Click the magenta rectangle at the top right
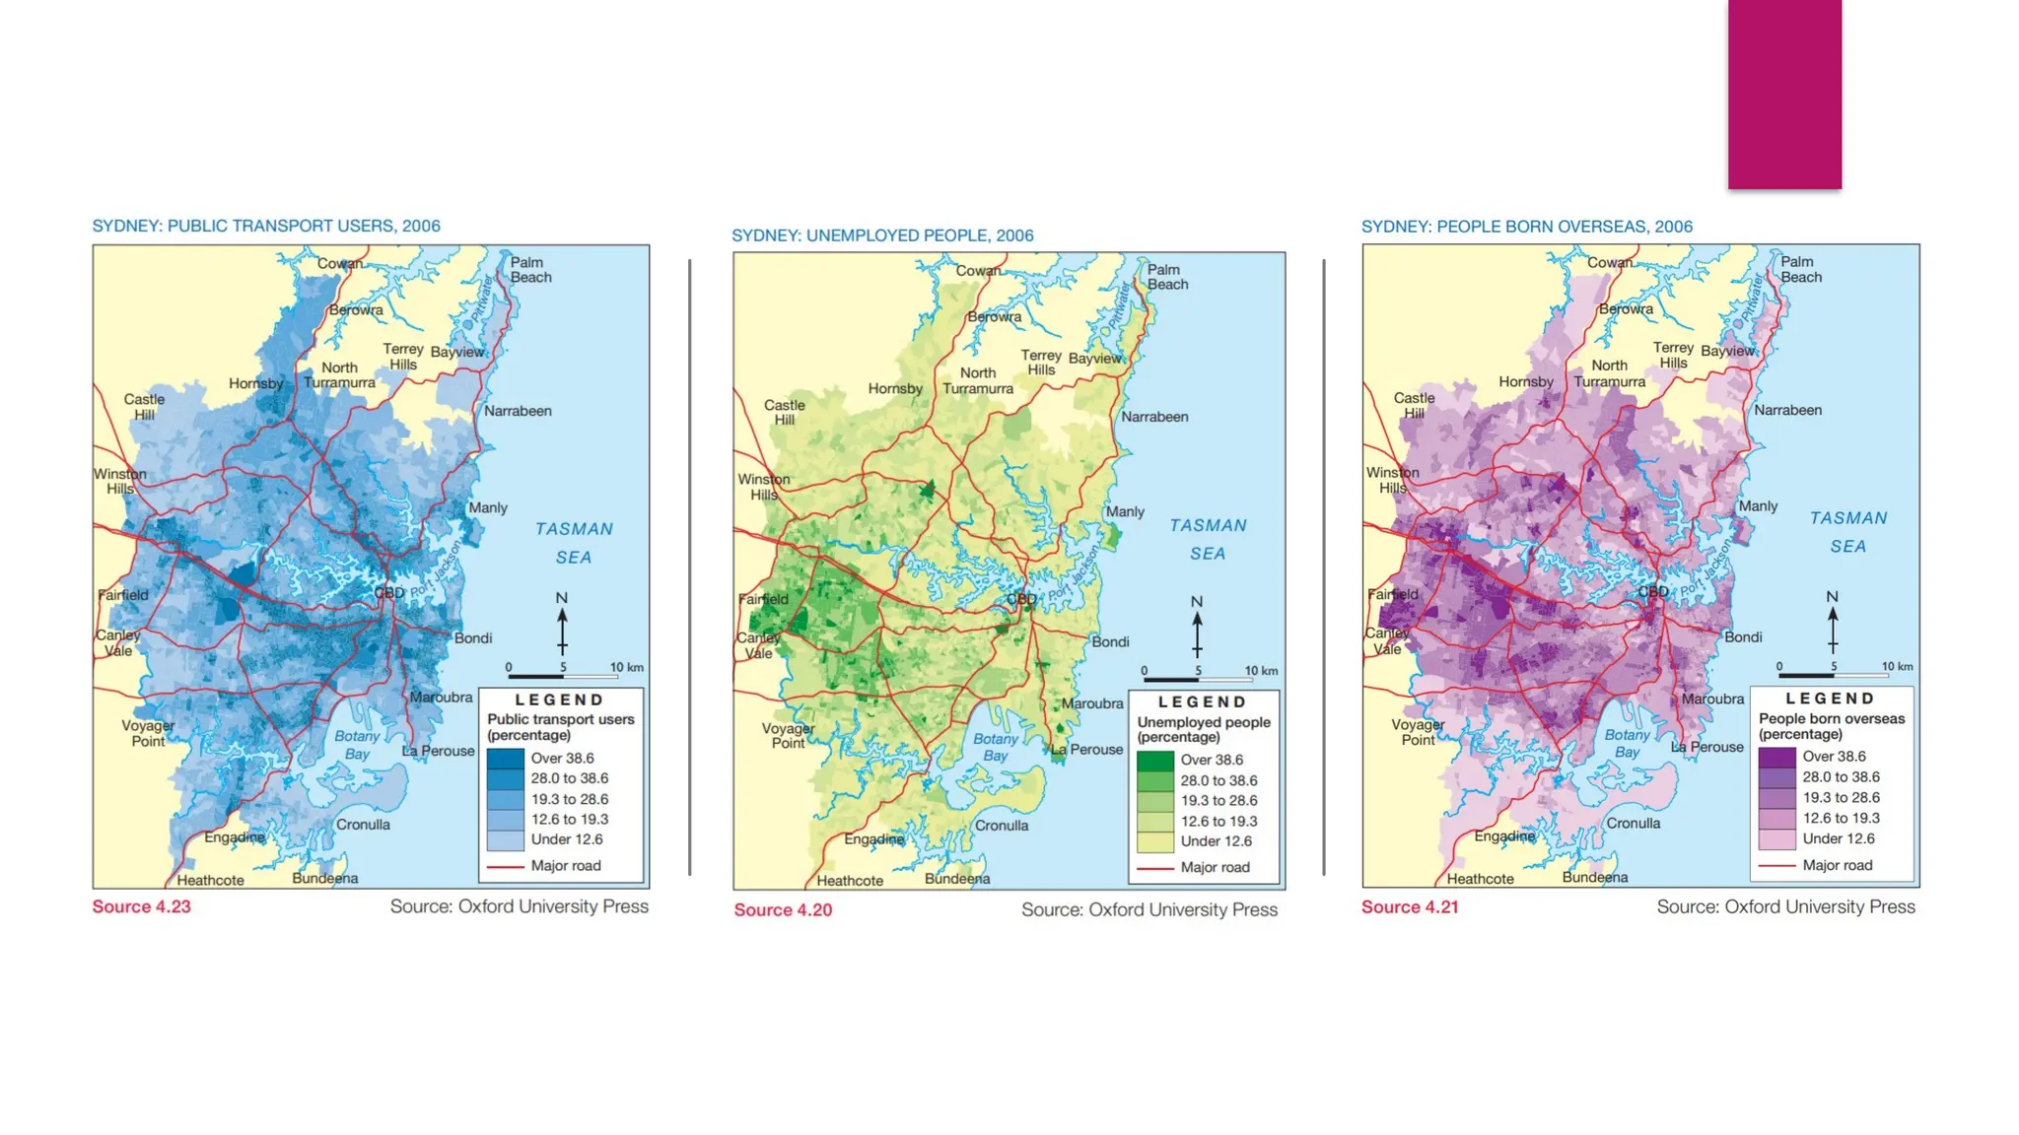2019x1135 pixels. [1784, 94]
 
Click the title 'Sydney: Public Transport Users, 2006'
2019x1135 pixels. [266, 226]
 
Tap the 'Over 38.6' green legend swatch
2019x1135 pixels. [1154, 760]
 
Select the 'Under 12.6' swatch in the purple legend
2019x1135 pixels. [1776, 839]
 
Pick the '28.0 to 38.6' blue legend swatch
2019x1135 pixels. [505, 778]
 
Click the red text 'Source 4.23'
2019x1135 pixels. [141, 906]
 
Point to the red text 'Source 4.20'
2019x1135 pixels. [783, 910]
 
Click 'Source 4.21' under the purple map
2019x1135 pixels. [1410, 907]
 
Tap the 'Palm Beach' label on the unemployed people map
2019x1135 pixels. [1166, 277]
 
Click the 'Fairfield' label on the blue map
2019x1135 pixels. [123, 595]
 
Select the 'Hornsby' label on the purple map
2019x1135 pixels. [1525, 381]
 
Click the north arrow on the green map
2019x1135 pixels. [1197, 631]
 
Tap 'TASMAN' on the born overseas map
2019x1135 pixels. [1847, 518]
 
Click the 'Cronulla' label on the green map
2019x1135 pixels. [1001, 826]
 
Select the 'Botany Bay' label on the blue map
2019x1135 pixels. [357, 745]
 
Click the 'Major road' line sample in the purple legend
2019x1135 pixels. [1776, 865]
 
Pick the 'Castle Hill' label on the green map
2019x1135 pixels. [784, 412]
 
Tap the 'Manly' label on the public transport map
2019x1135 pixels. [487, 507]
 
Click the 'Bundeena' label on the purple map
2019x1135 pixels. [1594, 877]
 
